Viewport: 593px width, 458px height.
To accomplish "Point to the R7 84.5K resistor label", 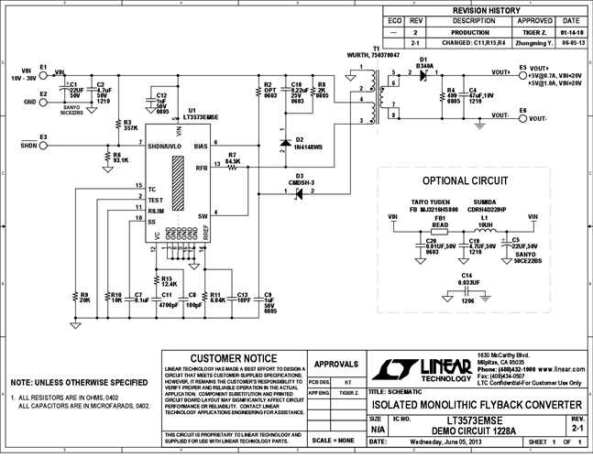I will point(232,157).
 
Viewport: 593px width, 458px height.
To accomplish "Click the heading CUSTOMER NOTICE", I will point(234,358).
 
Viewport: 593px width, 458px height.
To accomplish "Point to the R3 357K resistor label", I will point(131,125).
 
